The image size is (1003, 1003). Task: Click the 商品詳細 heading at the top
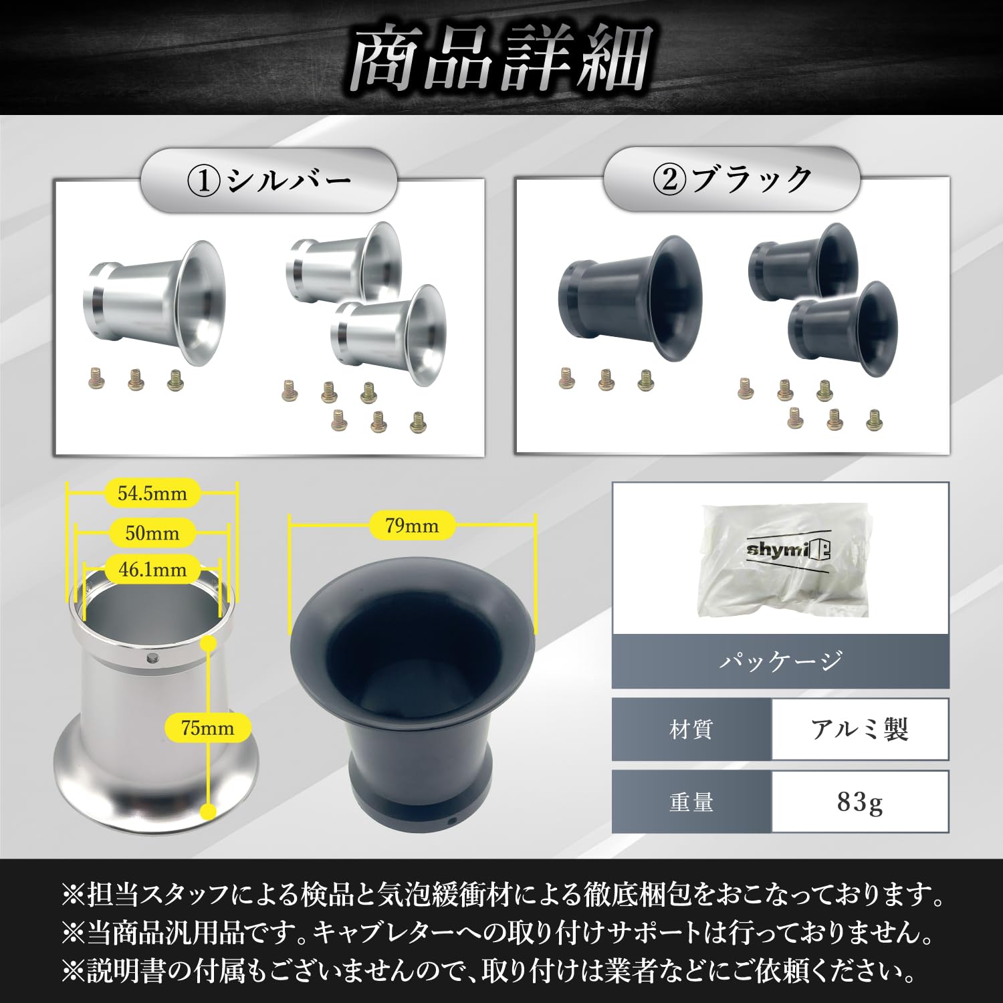[x=501, y=60]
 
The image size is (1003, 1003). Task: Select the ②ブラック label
[x=732, y=179]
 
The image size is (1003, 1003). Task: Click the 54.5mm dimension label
[x=152, y=493]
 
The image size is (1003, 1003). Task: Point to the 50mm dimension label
[x=152, y=533]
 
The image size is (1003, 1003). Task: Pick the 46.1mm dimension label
[x=152, y=570]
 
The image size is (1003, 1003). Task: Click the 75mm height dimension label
[x=208, y=728]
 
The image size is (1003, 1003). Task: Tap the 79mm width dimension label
[x=412, y=526]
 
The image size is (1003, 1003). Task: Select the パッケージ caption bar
[x=780, y=661]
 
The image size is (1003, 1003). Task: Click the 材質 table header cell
[x=691, y=729]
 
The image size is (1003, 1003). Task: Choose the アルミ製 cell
[x=860, y=729]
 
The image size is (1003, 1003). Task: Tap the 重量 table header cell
[x=691, y=802]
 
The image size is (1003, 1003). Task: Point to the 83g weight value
[x=860, y=802]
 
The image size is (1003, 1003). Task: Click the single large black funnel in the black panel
[x=630, y=298]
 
